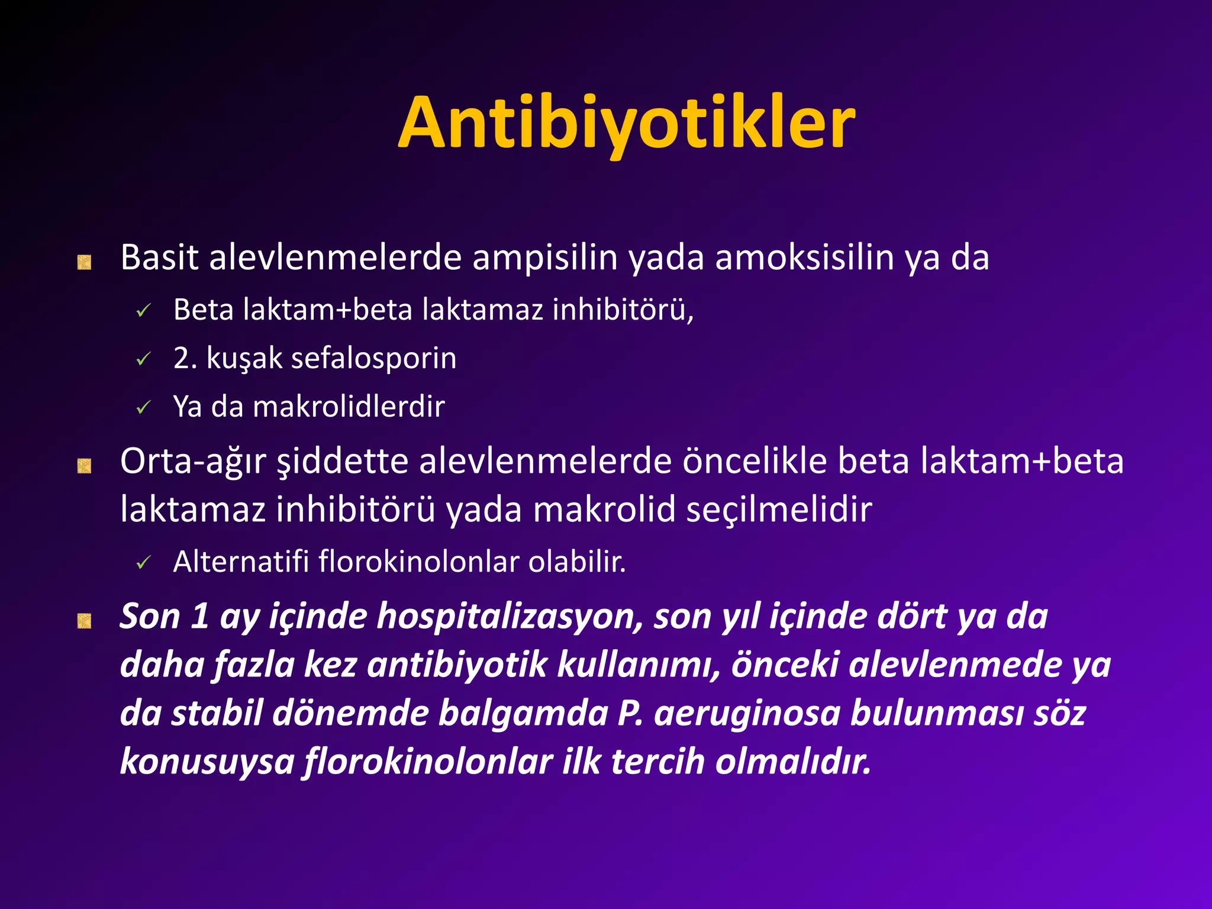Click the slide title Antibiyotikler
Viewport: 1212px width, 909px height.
(x=626, y=123)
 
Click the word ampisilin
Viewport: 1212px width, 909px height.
(x=544, y=258)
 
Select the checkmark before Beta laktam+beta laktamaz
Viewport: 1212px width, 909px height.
(x=143, y=310)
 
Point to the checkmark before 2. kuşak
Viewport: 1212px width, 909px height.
(x=143, y=359)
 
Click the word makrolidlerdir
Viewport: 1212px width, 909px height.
(x=349, y=407)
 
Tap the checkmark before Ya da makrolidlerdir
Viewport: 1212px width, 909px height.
(x=143, y=408)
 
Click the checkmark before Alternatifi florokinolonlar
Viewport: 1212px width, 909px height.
(x=143, y=563)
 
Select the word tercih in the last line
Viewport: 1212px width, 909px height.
(x=657, y=761)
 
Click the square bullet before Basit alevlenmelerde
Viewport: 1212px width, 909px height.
(x=84, y=262)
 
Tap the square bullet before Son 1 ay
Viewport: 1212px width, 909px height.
(x=84, y=621)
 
